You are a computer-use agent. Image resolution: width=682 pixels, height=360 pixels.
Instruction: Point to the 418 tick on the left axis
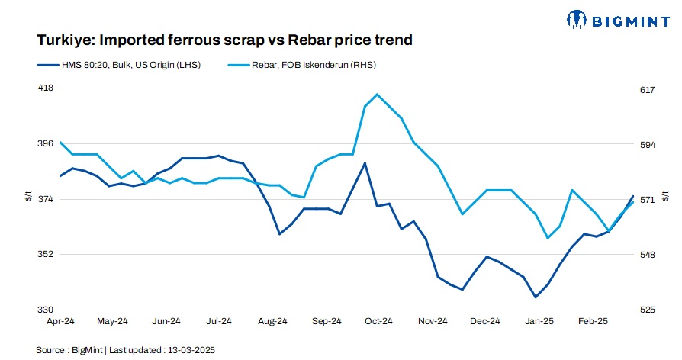tap(46, 88)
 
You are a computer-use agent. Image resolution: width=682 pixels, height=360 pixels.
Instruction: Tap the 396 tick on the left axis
tap(46, 143)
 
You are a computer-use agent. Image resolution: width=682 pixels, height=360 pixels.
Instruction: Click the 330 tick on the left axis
tap(46, 310)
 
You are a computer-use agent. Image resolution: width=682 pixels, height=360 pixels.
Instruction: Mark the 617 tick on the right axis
tap(648, 90)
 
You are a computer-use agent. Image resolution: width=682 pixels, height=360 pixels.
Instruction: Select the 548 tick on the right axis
tap(648, 255)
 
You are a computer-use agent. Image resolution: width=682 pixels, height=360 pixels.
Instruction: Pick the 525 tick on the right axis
tap(648, 310)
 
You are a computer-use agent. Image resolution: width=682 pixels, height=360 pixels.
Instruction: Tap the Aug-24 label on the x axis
tap(273, 322)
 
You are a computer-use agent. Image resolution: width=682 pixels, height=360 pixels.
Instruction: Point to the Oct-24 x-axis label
tap(378, 322)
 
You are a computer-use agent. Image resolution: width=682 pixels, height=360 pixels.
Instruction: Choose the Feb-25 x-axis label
tap(592, 322)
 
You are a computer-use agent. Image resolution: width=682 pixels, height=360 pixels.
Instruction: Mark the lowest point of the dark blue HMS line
tap(536, 297)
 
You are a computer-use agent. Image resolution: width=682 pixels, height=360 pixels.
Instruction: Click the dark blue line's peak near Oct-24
tap(365, 163)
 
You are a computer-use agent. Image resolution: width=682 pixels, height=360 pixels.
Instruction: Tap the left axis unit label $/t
tap(28, 198)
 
